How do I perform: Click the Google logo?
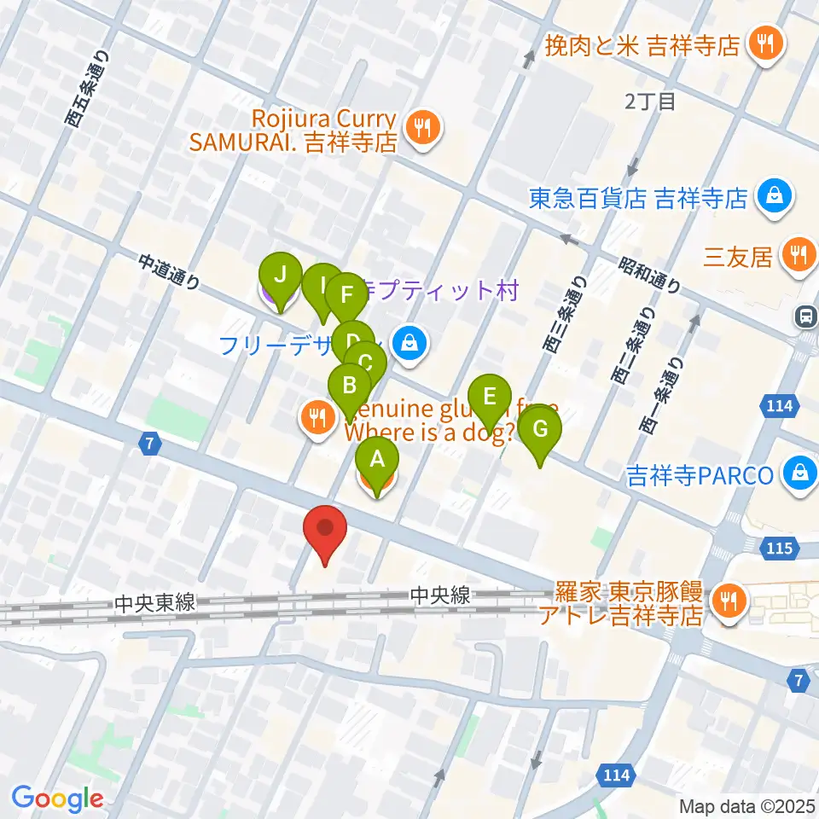click(57, 799)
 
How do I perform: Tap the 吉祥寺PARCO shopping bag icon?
click(800, 472)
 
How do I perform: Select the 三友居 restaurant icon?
click(799, 253)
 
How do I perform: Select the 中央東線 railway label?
click(154, 602)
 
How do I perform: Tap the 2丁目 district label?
click(650, 102)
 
